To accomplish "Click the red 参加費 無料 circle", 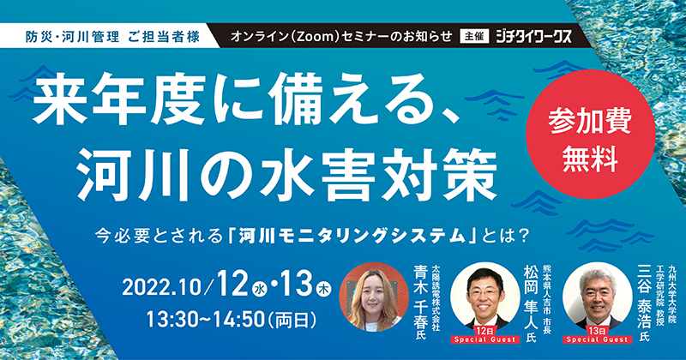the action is tap(590, 135).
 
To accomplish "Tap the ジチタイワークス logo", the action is tap(533, 37).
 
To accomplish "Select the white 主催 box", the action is tap(474, 37).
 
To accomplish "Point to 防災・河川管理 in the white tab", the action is tap(72, 37).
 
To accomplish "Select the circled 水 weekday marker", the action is tap(262, 290).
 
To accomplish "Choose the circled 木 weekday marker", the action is tap(324, 290).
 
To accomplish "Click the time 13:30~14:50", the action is tap(205, 321).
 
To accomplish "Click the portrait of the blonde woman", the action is tap(374, 297).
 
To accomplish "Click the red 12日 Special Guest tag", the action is tap(485, 335).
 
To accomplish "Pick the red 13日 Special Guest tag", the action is tap(597, 335).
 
